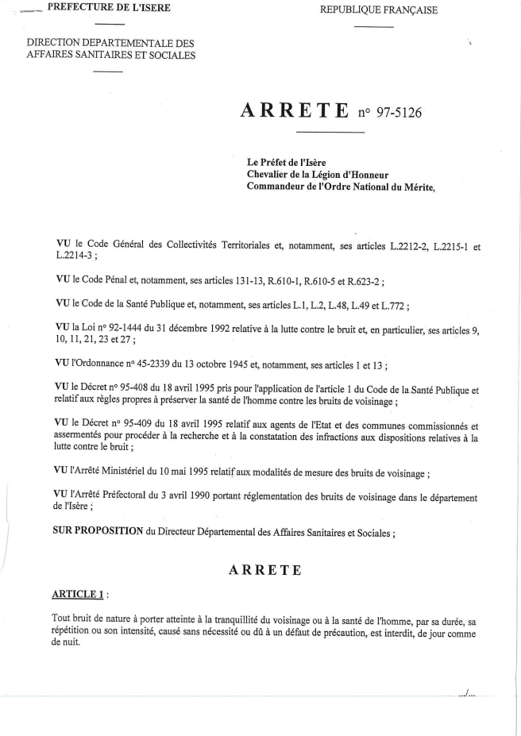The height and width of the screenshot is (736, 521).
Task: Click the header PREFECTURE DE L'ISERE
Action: pyautogui.click(x=109, y=8)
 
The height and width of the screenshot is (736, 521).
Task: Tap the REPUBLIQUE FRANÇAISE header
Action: pyautogui.click(x=378, y=10)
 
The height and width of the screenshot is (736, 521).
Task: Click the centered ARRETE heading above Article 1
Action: pyautogui.click(x=264, y=569)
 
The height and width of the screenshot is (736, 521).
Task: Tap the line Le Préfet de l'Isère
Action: pyautogui.click(x=287, y=162)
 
